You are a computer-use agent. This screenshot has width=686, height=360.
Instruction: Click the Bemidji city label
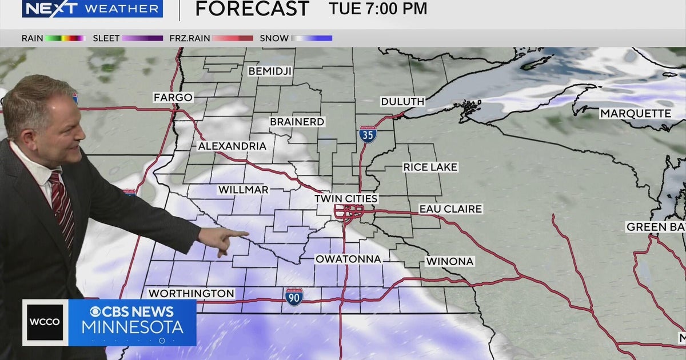click(270, 71)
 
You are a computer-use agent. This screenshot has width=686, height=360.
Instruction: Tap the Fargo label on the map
click(173, 98)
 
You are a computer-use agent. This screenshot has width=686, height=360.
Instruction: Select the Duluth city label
click(403, 102)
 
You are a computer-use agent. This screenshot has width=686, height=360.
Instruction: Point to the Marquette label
click(635, 114)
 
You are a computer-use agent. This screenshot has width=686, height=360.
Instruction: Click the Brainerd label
click(297, 122)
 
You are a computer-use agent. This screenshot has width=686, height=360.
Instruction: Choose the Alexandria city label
click(232, 146)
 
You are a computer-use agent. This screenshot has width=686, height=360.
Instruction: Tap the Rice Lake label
click(430, 167)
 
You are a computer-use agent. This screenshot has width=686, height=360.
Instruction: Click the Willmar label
click(243, 190)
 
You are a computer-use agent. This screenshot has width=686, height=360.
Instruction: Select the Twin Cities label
click(346, 199)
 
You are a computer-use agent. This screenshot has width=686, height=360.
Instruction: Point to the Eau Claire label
click(450, 209)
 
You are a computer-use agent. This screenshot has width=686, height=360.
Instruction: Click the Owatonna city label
click(348, 259)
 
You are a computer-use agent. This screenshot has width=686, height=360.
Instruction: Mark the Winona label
click(449, 261)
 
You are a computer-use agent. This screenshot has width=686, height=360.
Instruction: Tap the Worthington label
click(192, 293)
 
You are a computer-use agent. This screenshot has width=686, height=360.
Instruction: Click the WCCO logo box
click(45, 322)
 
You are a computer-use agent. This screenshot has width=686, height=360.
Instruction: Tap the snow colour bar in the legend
click(312, 38)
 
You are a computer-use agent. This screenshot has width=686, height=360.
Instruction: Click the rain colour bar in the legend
click(65, 38)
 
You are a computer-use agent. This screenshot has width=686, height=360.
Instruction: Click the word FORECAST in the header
click(252, 9)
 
